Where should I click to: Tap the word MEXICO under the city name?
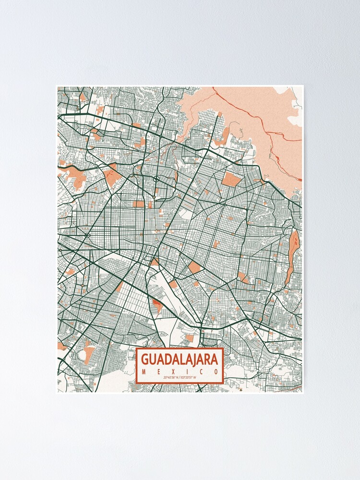180,372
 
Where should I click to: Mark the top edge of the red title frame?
180,349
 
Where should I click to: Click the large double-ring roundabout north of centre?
156,179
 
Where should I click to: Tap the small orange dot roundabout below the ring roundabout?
154,197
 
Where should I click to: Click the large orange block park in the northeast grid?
232,180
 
